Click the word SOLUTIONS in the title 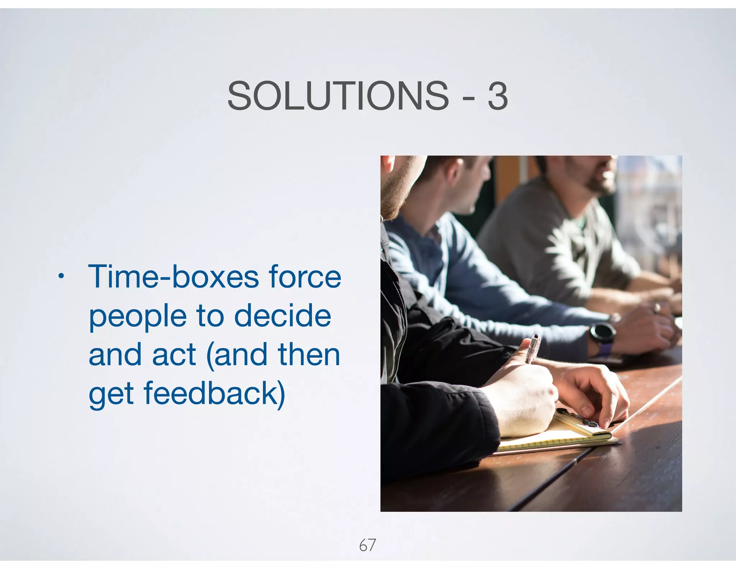click(x=338, y=96)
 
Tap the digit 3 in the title click(x=498, y=96)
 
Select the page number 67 click(x=367, y=545)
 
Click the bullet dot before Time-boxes click(x=61, y=276)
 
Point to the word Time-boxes click(x=174, y=277)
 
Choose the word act click(x=174, y=355)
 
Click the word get click(x=111, y=395)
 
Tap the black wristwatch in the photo click(x=602, y=333)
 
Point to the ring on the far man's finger click(x=657, y=307)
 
